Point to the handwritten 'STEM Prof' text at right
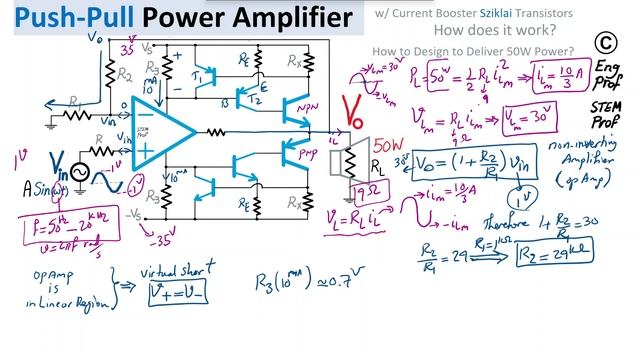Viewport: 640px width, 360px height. pos(606,117)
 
